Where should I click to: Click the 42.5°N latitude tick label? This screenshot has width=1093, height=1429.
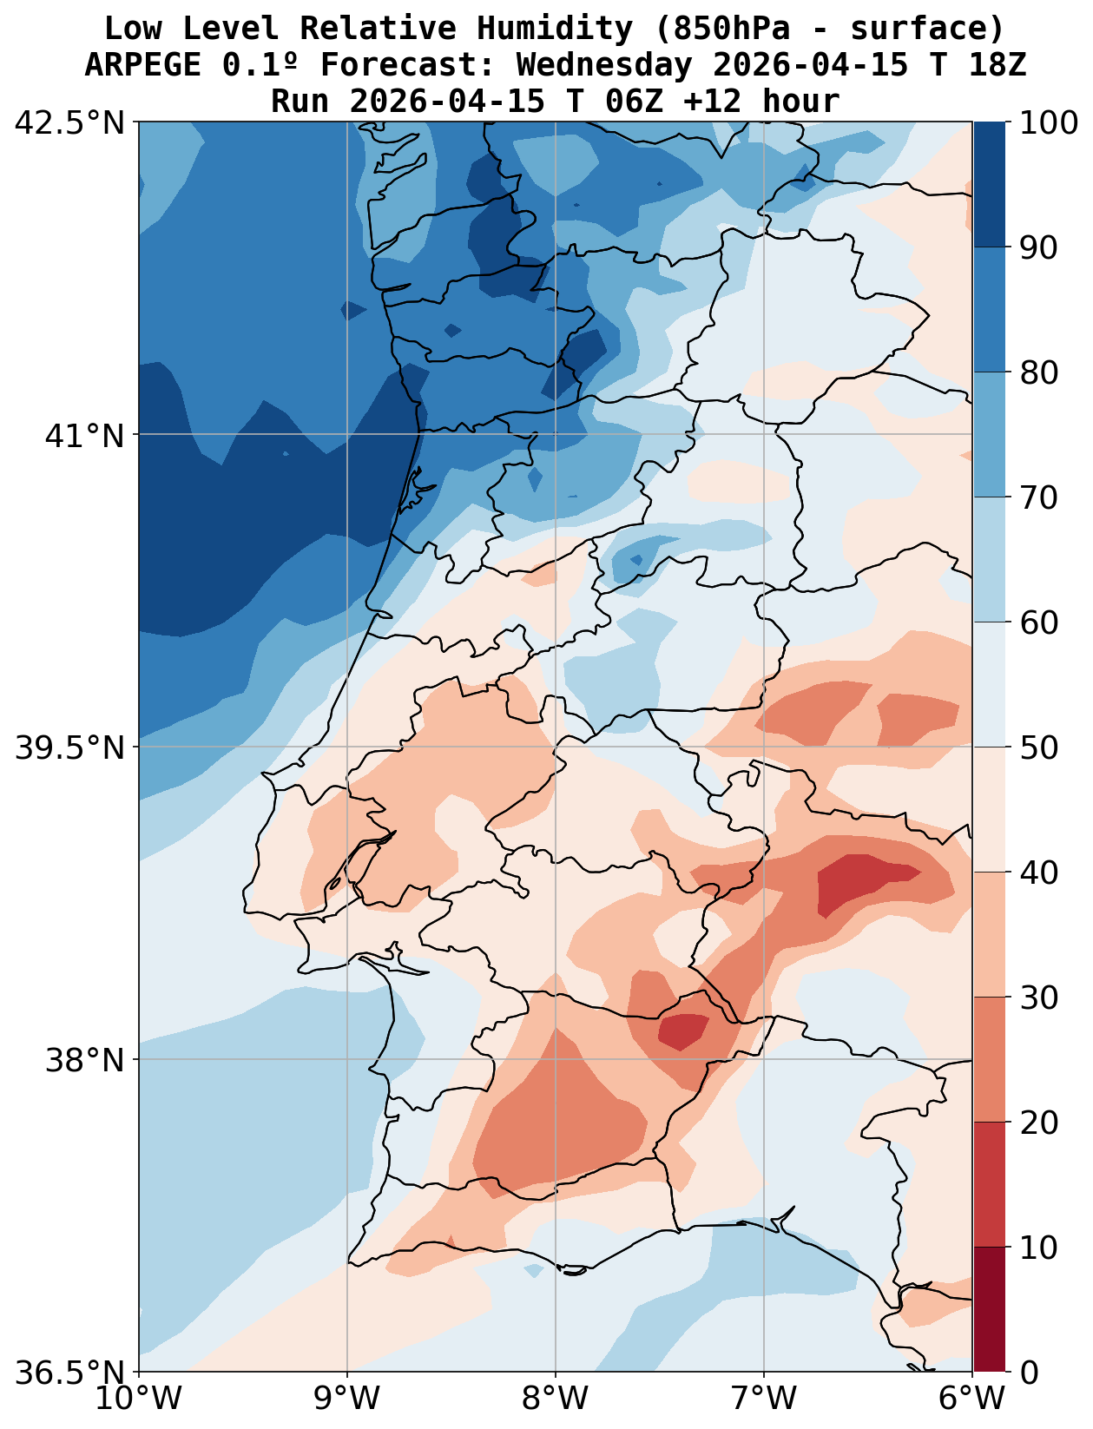point(70,122)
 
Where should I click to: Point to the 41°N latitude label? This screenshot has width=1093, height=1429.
point(84,435)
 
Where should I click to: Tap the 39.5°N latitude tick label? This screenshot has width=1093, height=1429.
point(70,747)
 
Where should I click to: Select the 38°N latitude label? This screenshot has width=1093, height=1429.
point(84,1060)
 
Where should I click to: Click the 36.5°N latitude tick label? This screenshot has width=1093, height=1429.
point(70,1373)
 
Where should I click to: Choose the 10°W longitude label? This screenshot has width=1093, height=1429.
point(139,1399)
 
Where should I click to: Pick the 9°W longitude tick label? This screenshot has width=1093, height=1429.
point(347,1399)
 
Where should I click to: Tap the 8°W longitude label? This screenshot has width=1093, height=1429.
point(556,1399)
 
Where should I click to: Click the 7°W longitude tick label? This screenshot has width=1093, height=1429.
point(764,1399)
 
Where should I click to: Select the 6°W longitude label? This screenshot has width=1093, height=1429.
point(972,1399)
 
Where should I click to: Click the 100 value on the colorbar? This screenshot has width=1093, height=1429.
point(1049,122)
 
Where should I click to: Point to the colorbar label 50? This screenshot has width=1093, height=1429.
point(1038,747)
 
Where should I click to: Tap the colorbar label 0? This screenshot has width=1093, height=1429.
point(1028,1373)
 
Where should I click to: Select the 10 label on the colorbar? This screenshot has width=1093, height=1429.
point(1038,1248)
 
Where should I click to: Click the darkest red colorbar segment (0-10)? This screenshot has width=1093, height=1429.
point(990,1310)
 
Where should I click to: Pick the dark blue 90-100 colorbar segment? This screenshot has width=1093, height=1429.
point(990,185)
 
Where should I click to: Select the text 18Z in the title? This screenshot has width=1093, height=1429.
point(998,65)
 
